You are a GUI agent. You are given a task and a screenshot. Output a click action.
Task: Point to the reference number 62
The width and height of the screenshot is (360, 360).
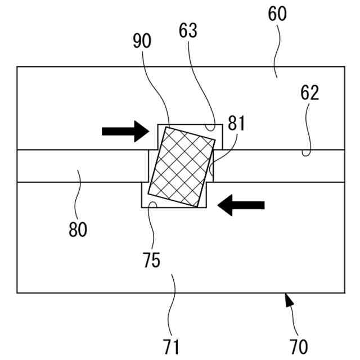309,94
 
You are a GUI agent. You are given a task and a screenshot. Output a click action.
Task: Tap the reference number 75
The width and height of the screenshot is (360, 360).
151,260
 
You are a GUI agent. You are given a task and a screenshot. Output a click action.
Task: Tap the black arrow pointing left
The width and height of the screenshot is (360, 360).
241,206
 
